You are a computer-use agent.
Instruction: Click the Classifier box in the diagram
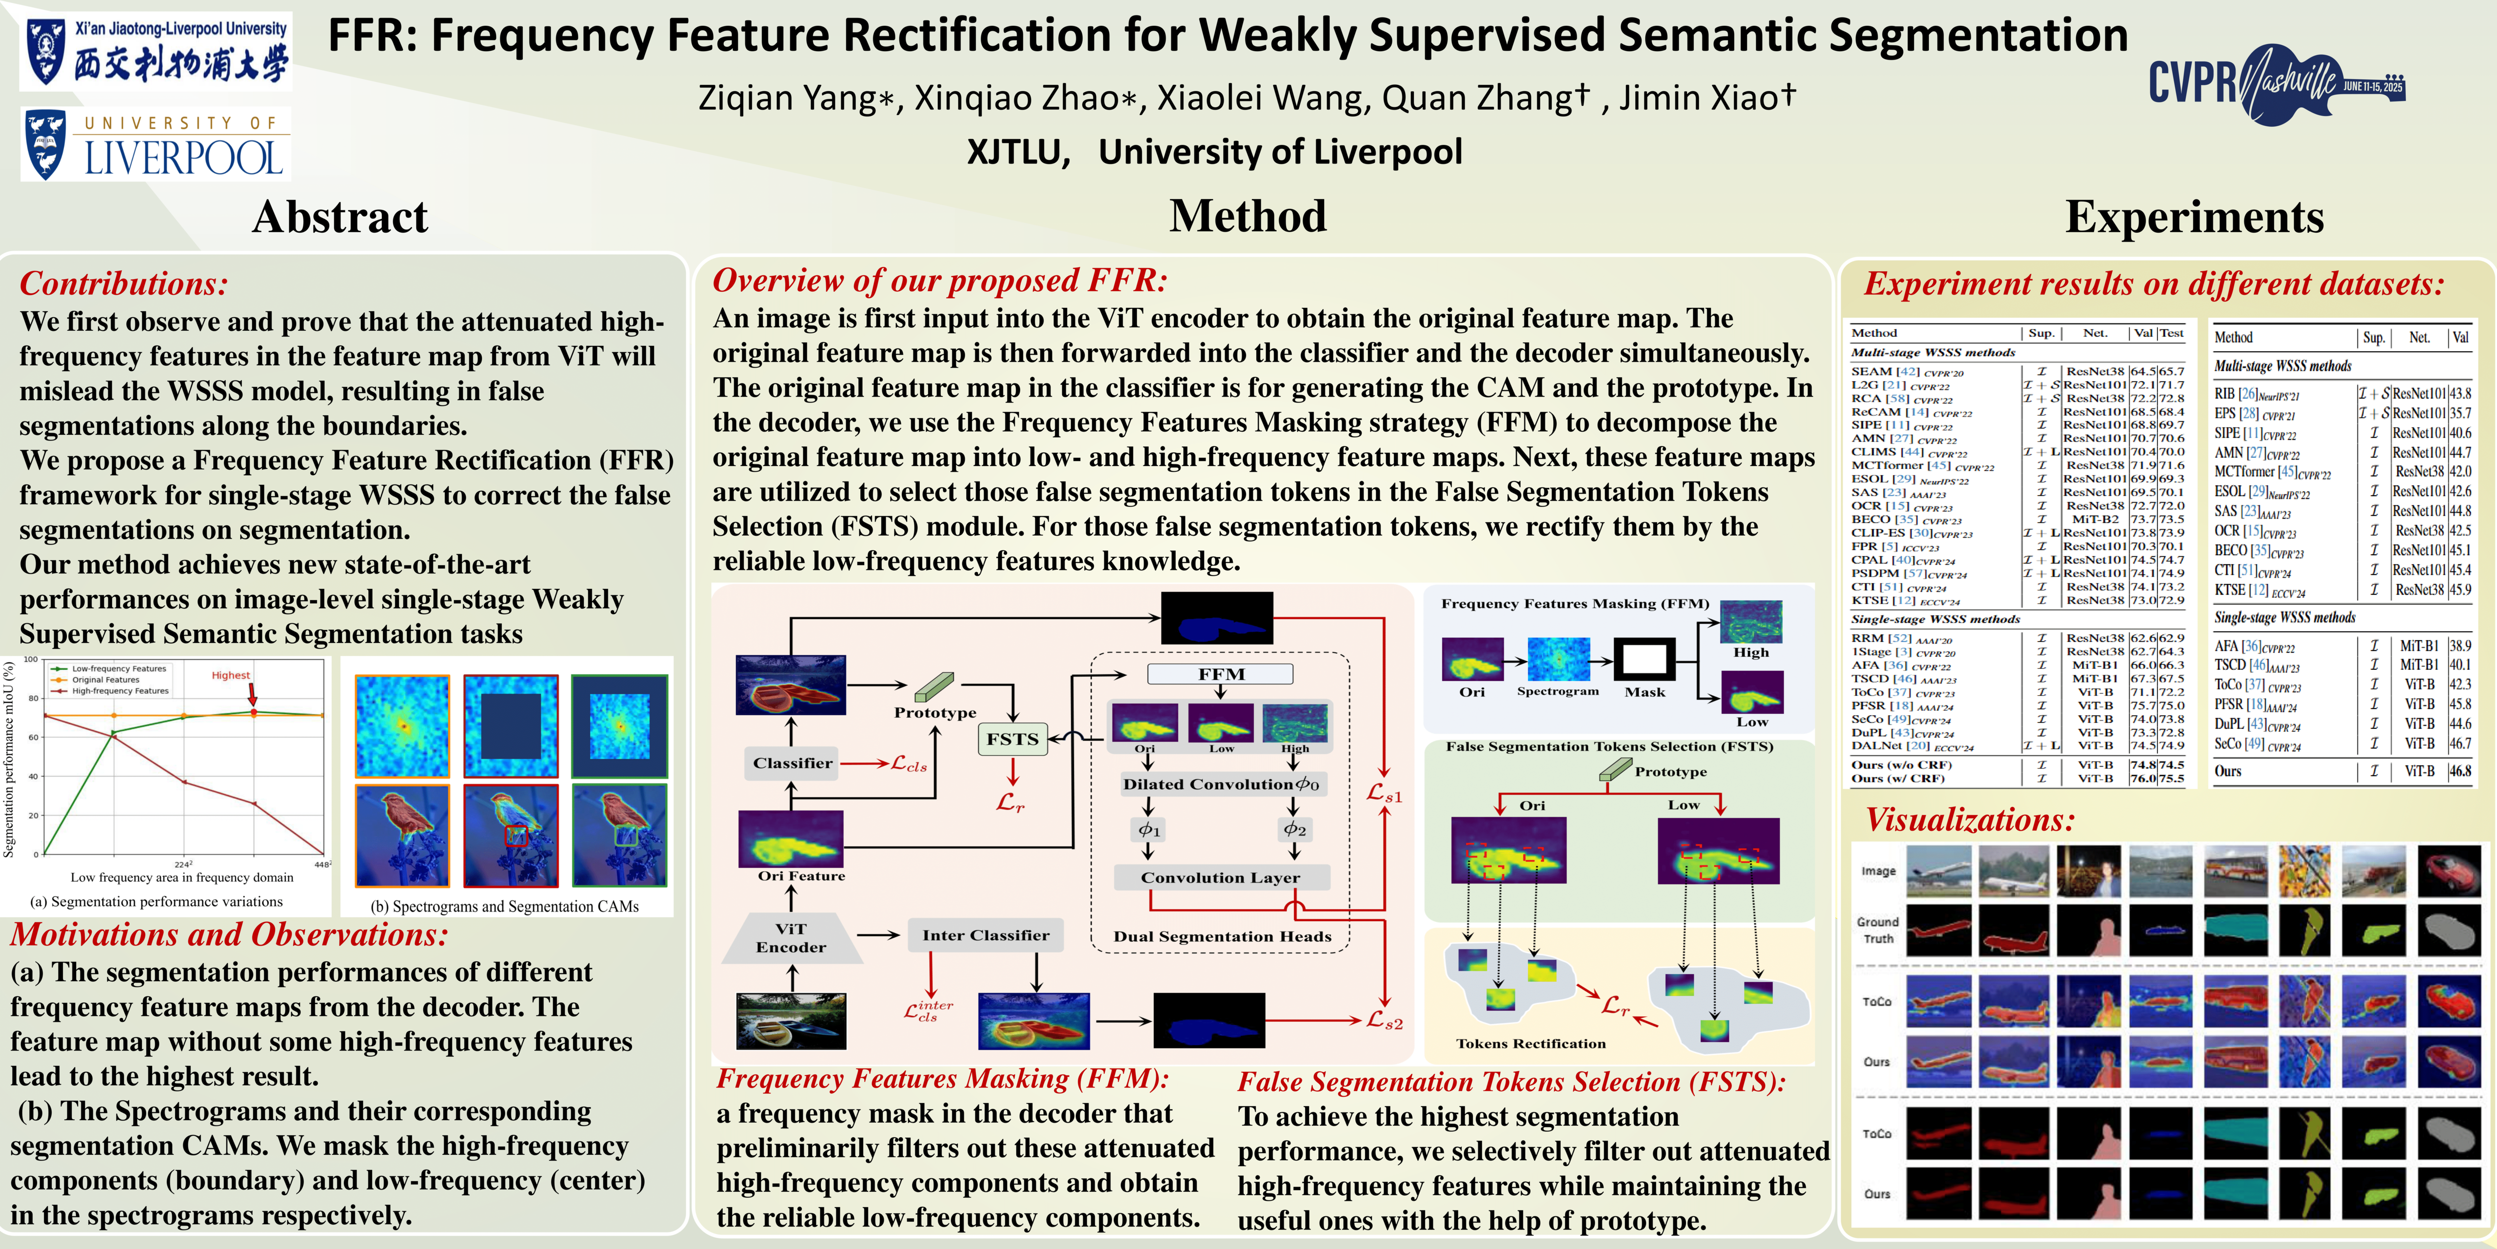pyautogui.click(x=792, y=763)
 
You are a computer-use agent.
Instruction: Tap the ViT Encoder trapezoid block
pyautogui.click(x=791, y=938)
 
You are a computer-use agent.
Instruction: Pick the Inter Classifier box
pyautogui.click(x=985, y=935)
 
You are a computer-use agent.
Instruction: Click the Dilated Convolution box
pyautogui.click(x=1220, y=784)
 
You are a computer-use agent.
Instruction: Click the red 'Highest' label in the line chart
pyautogui.click(x=231, y=675)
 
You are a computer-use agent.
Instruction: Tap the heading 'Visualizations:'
pyautogui.click(x=1970, y=820)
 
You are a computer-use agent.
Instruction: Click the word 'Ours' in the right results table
pyautogui.click(x=2227, y=771)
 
